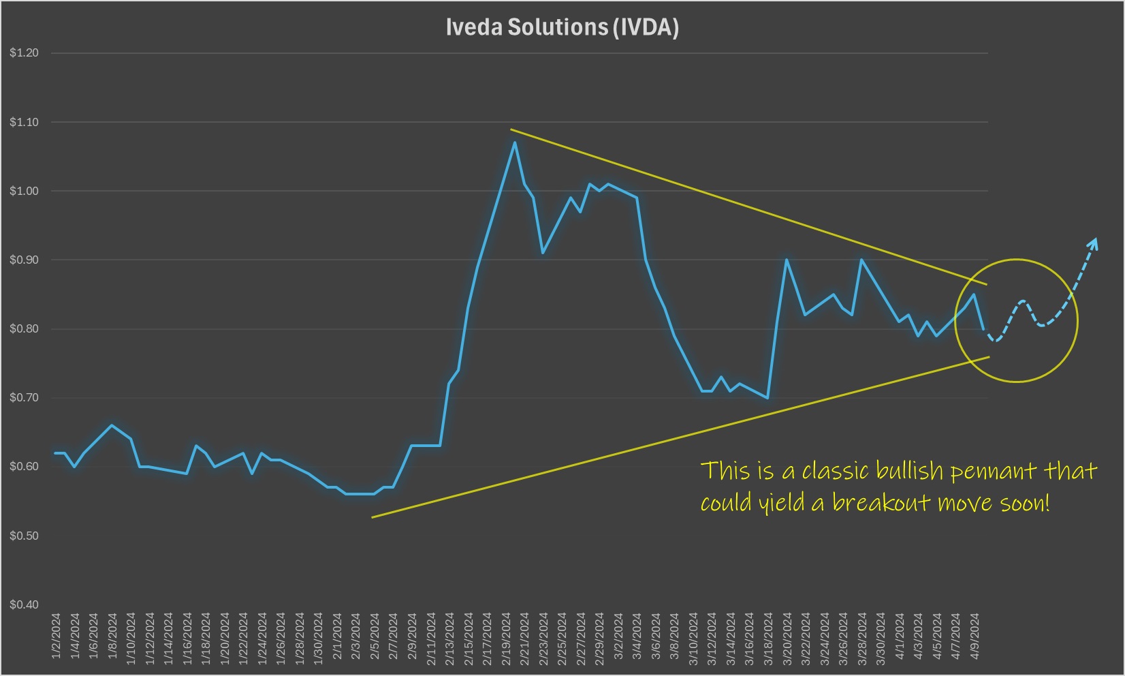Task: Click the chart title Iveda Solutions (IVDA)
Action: coord(562,27)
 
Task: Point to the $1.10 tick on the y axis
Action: coord(24,123)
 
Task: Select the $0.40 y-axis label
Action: coord(24,604)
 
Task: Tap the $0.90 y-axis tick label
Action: coord(24,260)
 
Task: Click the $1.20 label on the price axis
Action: coord(24,53)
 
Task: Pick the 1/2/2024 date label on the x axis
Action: coord(57,636)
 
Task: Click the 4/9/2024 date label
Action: coord(975,636)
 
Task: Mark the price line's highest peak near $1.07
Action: coord(515,142)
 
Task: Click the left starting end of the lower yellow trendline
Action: coord(373,517)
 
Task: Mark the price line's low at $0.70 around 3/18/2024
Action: coord(768,398)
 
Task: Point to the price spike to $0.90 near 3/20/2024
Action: coord(787,260)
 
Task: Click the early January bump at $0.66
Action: coord(112,425)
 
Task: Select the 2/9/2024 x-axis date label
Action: coord(412,636)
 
